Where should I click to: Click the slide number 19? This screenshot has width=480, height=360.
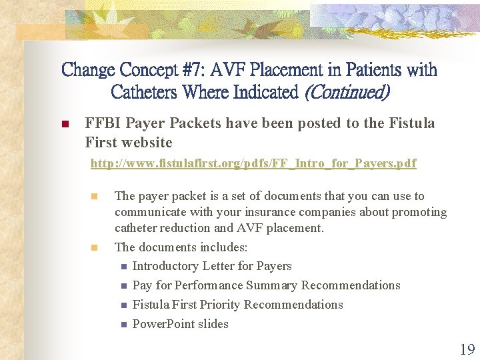(467, 349)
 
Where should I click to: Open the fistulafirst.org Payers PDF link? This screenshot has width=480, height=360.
(253, 163)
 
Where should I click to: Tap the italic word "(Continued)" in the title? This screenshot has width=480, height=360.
(346, 91)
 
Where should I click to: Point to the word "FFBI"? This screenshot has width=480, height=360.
(104, 123)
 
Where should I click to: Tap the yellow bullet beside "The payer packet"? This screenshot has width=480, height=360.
(95, 197)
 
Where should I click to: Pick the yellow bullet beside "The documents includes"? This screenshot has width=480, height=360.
(95, 247)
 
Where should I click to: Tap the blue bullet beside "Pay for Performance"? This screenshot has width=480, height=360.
(123, 286)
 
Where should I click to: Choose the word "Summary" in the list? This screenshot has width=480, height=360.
(272, 285)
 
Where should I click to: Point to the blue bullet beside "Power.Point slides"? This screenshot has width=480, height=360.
(123, 325)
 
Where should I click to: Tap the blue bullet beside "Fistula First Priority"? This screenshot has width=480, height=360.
(123, 305)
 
